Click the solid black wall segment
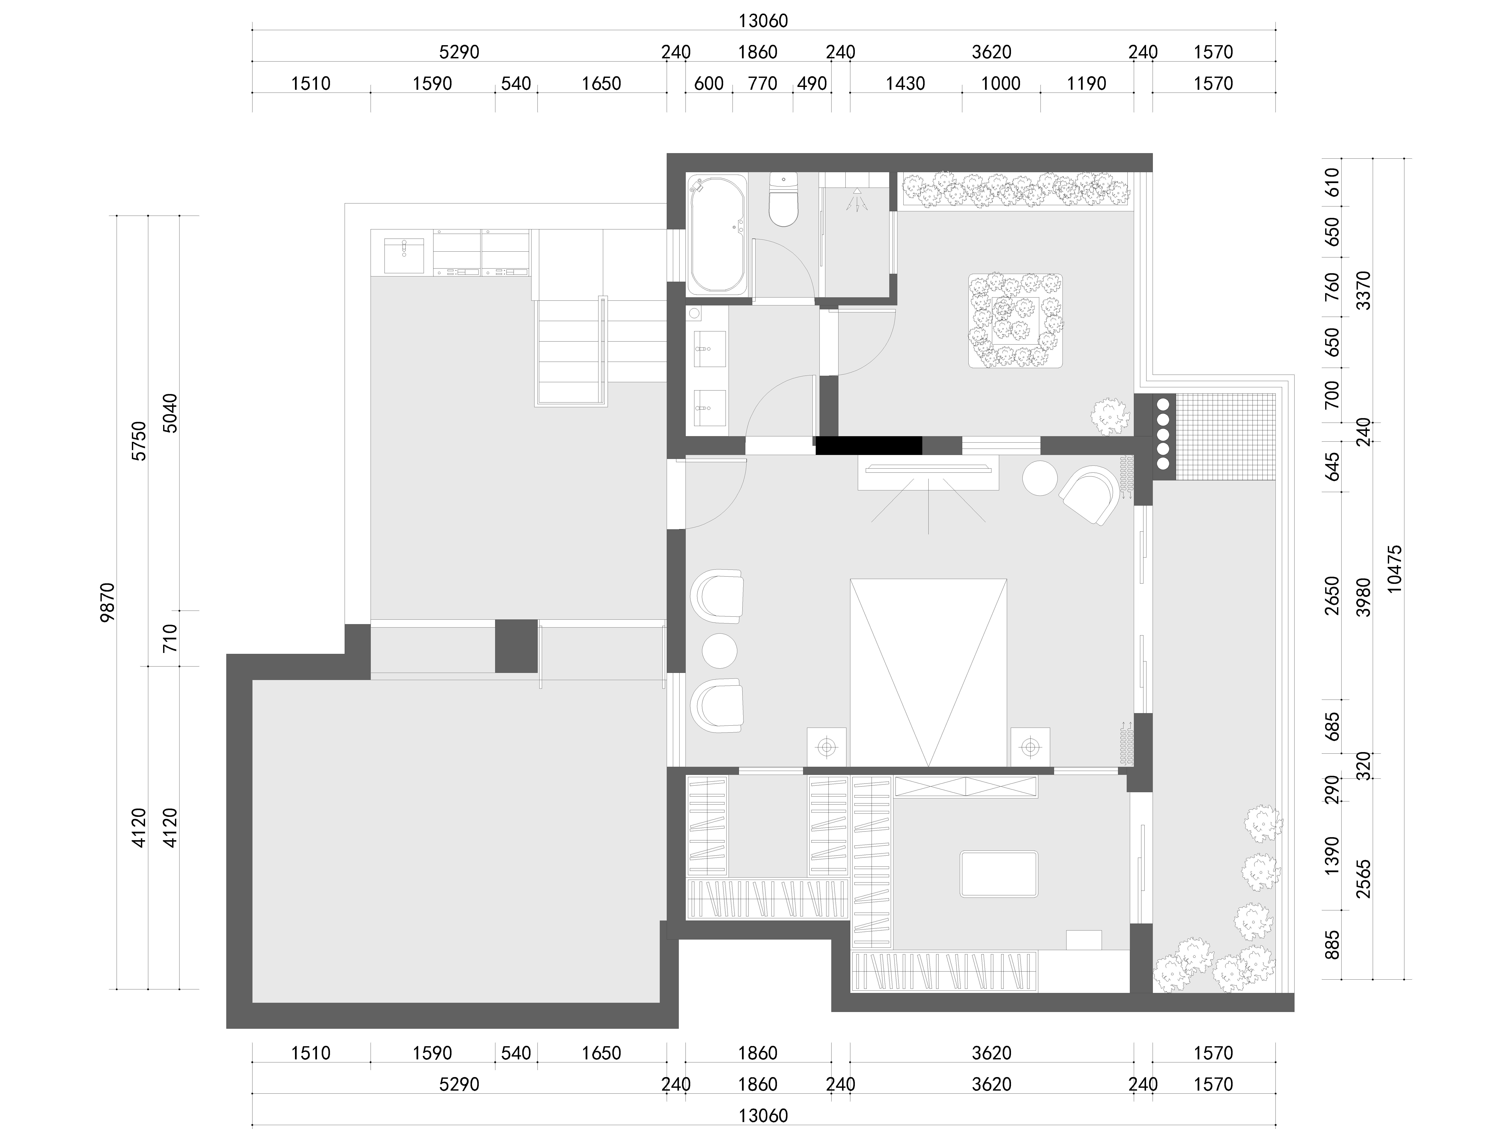point(869,445)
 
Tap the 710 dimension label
point(170,638)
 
